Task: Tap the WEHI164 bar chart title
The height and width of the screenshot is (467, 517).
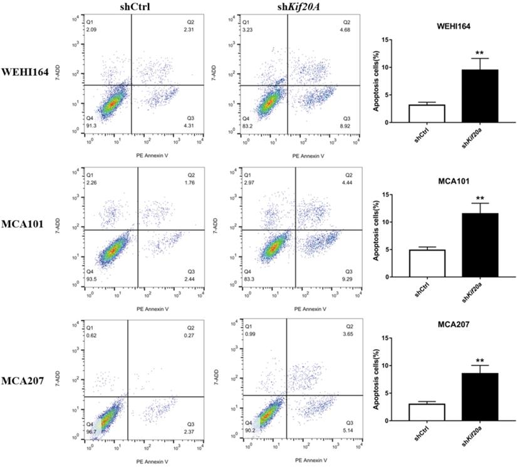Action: coord(454,27)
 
